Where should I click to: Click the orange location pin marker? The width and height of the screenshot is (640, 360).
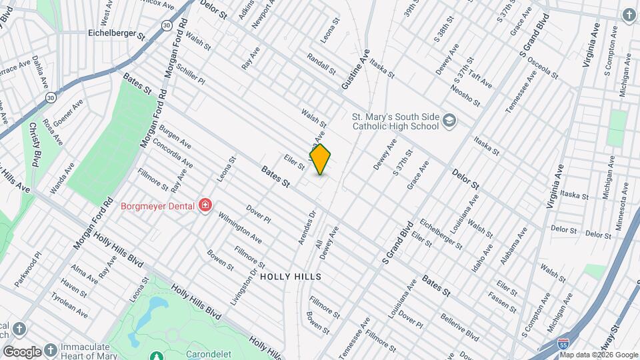click(320, 159)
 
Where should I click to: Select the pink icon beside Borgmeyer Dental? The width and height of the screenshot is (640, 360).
click(205, 205)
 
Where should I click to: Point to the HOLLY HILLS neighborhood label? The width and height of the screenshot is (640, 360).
click(291, 276)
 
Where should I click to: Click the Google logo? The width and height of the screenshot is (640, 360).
click(22, 351)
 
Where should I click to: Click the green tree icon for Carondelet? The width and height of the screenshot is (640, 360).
click(155, 356)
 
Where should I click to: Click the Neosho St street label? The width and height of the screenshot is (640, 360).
click(465, 95)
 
